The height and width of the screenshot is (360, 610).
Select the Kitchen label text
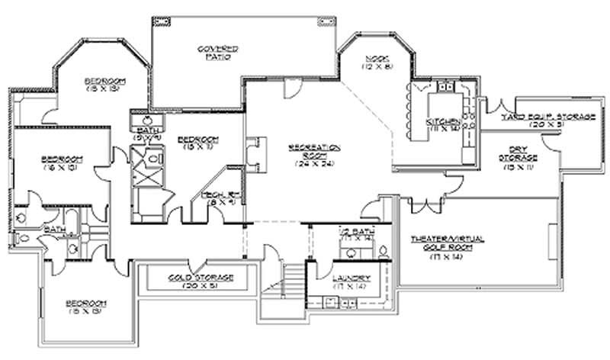(443, 122)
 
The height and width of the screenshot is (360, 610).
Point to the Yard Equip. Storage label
(547, 116)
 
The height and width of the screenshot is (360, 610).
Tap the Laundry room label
(352, 277)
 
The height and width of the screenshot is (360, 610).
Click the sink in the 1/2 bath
(381, 249)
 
